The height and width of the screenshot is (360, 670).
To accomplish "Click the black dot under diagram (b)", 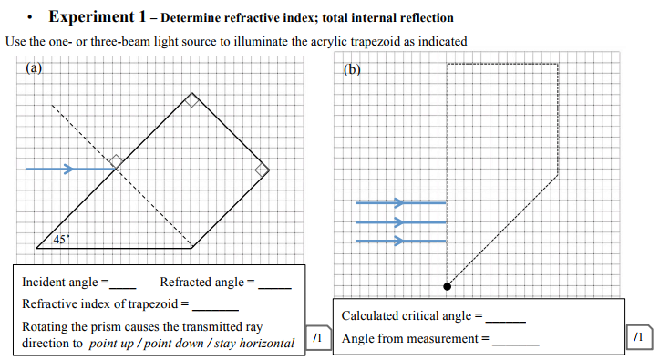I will [447, 286].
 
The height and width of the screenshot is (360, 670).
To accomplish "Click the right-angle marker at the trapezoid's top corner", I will [191, 101].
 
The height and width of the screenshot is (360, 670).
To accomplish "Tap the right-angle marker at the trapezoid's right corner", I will [261, 170].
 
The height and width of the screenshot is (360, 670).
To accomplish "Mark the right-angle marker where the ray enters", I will [116, 162].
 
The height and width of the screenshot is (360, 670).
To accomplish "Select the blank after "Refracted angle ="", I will [275, 285].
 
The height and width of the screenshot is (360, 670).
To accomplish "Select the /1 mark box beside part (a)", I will [317, 337].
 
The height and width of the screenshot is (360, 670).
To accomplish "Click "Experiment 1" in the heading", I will [99, 17].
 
